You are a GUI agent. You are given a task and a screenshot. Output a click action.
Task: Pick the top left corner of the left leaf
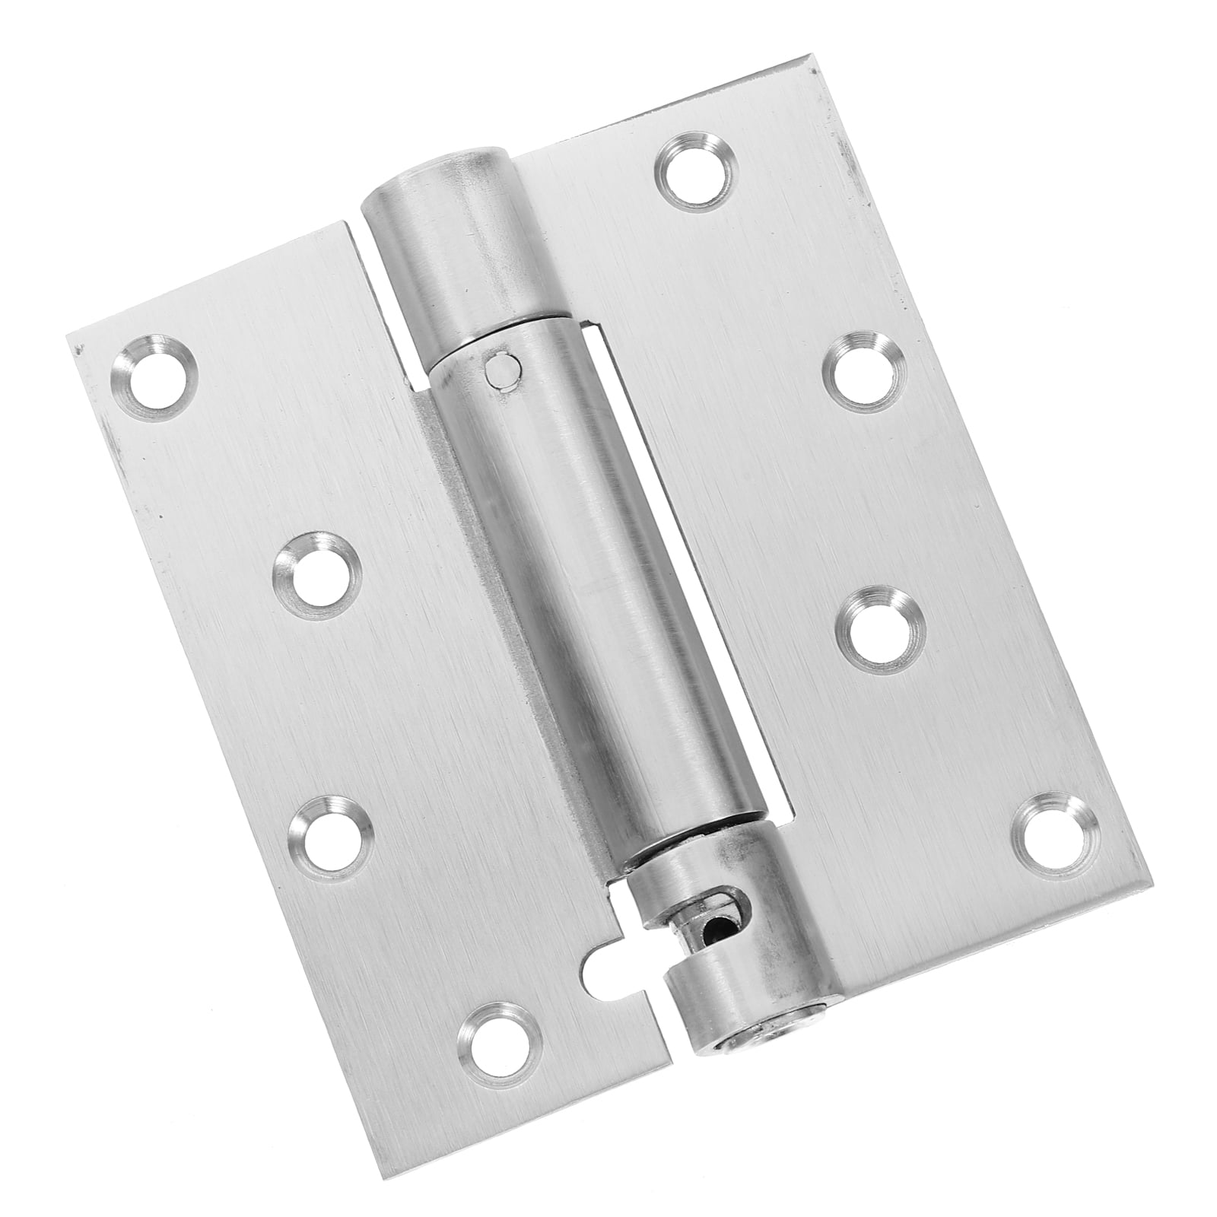68,335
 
